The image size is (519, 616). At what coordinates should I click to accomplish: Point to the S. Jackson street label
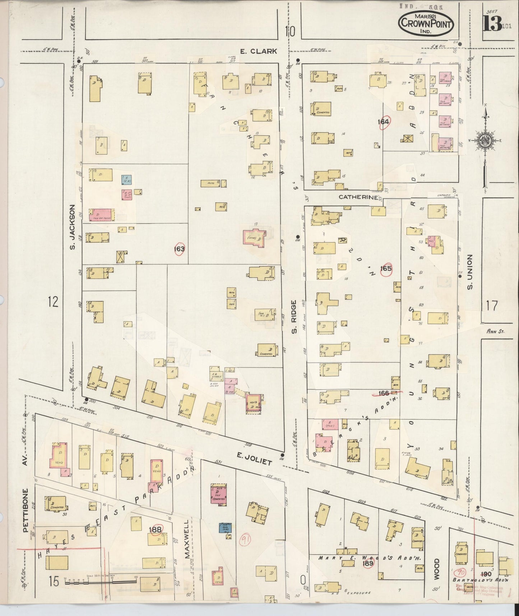point(72,227)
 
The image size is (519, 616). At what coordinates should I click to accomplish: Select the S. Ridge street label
point(294,317)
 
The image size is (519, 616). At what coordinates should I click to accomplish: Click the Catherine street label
point(358,197)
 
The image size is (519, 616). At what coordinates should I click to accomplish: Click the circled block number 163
point(179,249)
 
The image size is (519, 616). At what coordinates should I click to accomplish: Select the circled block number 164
point(384,122)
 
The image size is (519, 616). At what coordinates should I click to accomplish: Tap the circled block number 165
point(386,269)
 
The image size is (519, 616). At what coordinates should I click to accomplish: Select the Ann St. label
point(495,331)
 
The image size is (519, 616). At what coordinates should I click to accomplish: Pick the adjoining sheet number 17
point(492,306)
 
